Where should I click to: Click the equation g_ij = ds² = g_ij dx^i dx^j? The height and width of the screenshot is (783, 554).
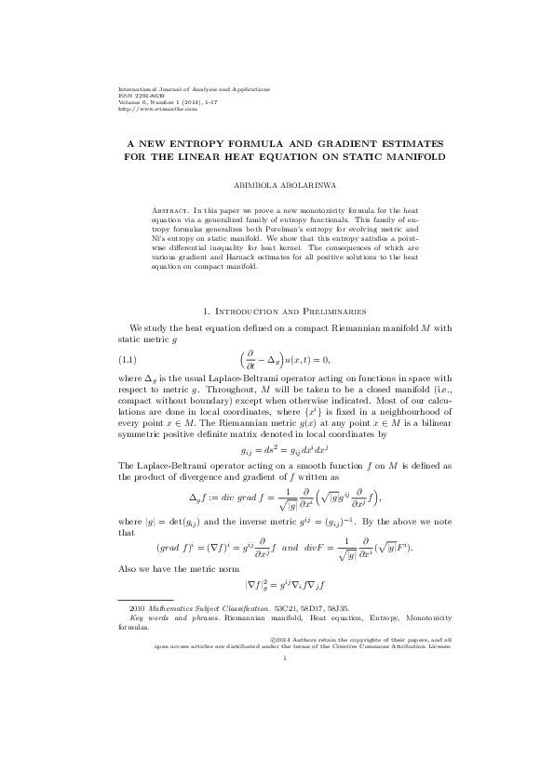[277, 448]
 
